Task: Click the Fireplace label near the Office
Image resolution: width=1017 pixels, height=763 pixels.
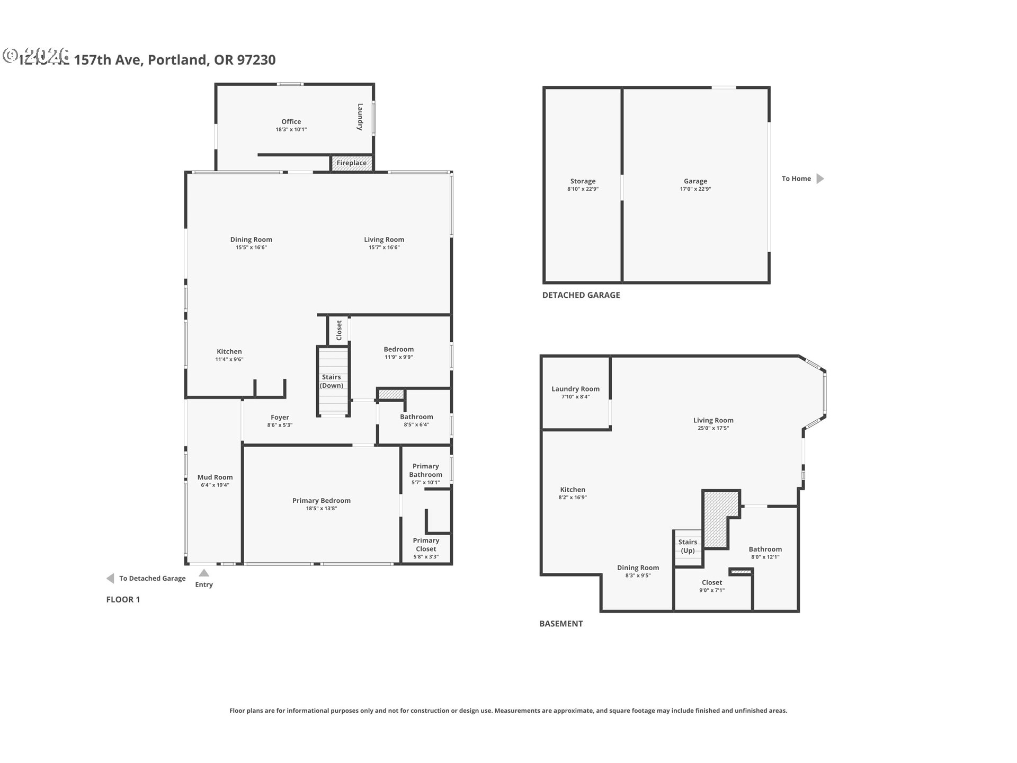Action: [x=351, y=163]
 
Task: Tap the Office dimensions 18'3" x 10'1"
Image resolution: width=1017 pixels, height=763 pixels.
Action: [x=291, y=130]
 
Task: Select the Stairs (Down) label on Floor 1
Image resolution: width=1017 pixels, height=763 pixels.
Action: [x=332, y=381]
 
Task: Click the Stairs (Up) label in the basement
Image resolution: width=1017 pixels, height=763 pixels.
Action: [x=688, y=546]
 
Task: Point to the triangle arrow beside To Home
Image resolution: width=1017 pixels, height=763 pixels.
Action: [x=820, y=179]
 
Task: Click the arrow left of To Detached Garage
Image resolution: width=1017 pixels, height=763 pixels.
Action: [x=110, y=579]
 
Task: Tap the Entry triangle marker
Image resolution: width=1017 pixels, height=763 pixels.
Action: [x=204, y=573]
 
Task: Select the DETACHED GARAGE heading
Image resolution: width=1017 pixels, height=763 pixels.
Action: [x=581, y=295]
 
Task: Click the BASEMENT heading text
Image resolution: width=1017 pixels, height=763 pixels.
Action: [x=560, y=624]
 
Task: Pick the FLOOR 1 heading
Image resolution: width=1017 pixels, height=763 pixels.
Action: [x=123, y=600]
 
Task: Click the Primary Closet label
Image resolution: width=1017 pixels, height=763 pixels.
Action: [x=426, y=545]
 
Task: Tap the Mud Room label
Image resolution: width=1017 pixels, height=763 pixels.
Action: [x=215, y=477]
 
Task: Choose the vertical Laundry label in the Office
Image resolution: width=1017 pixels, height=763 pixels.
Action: [x=360, y=117]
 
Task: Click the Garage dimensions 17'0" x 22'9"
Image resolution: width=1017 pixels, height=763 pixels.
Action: [x=695, y=189]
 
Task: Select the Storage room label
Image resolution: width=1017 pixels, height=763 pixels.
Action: [x=583, y=181]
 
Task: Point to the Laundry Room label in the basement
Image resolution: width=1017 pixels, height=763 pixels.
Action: [x=575, y=389]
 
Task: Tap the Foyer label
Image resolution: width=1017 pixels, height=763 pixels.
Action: [x=280, y=418]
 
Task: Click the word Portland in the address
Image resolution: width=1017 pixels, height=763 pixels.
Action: [x=177, y=60]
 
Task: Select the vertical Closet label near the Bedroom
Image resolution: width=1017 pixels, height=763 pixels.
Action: [x=339, y=331]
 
